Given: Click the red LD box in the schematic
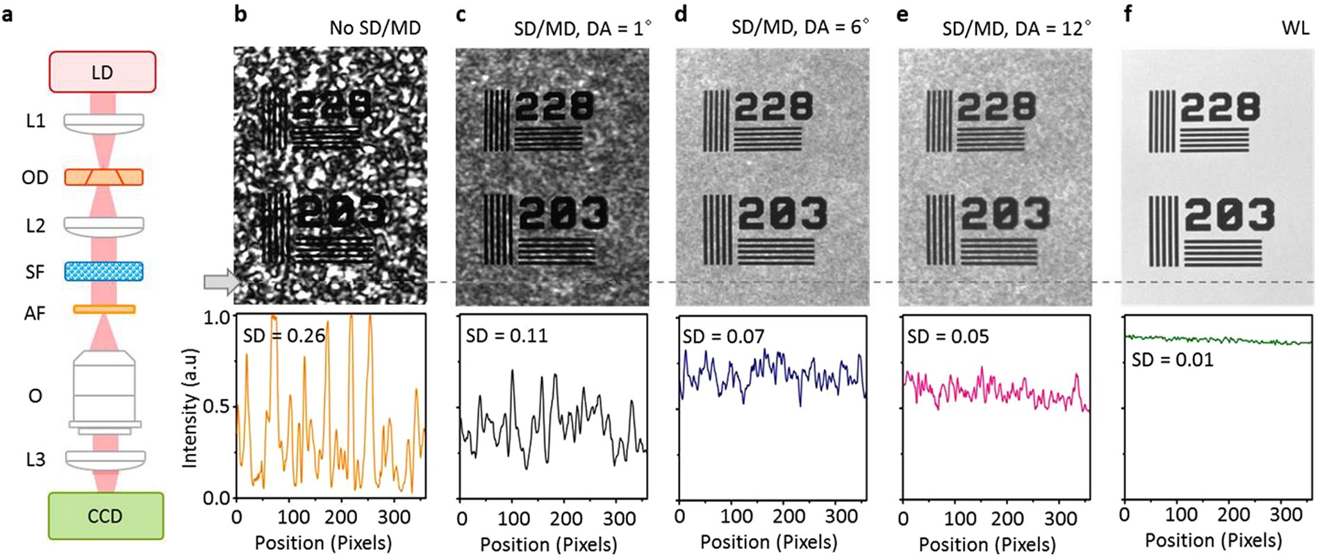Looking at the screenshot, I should (102, 72).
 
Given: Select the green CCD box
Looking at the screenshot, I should (106, 516).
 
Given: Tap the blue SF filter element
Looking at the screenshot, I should (104, 271).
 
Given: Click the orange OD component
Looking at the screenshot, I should (104, 177).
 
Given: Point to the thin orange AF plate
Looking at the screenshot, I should (104, 310).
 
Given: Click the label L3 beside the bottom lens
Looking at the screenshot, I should (35, 459).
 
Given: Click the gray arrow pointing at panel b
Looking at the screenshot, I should (220, 281).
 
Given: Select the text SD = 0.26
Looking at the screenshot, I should (284, 336).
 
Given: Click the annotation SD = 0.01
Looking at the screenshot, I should (1172, 360).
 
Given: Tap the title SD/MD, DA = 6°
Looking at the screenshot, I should (800, 27).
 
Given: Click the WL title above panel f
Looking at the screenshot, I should (1296, 28).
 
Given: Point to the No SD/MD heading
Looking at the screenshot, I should (375, 28).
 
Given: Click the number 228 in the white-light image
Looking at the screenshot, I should (1220, 108).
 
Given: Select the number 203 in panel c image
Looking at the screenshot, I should (563, 213).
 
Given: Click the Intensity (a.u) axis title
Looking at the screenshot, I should (190, 408).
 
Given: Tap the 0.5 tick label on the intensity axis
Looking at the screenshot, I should (217, 406).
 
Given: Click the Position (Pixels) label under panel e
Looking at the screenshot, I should (987, 544).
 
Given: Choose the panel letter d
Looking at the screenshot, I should (681, 14).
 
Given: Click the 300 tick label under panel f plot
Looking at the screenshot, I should (1285, 515).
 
